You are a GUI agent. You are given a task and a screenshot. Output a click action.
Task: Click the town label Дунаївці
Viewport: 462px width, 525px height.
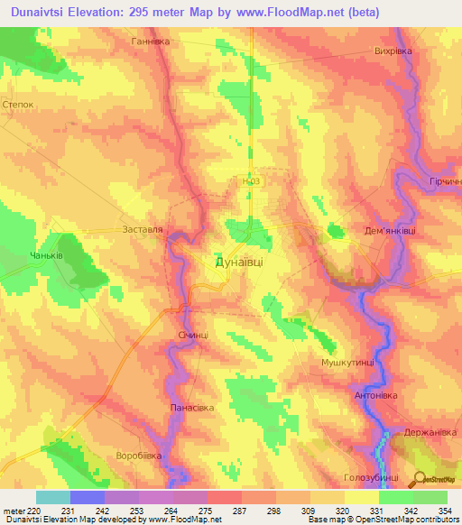(240, 262)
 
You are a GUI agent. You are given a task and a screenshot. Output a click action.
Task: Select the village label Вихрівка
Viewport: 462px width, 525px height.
(393, 51)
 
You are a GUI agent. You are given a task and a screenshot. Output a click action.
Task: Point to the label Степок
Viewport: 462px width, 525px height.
(19, 104)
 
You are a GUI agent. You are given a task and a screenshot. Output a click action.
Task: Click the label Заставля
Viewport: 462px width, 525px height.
(143, 230)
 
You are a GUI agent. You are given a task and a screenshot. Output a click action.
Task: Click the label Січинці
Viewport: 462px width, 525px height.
(193, 335)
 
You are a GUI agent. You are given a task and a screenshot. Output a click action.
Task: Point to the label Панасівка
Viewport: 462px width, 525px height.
(192, 408)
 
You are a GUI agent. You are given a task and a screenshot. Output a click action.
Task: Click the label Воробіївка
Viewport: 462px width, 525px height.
(138, 456)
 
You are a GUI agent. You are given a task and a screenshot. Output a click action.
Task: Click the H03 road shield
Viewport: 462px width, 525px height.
(251, 181)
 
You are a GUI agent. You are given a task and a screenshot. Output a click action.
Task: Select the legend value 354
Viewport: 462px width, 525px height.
(446, 511)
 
